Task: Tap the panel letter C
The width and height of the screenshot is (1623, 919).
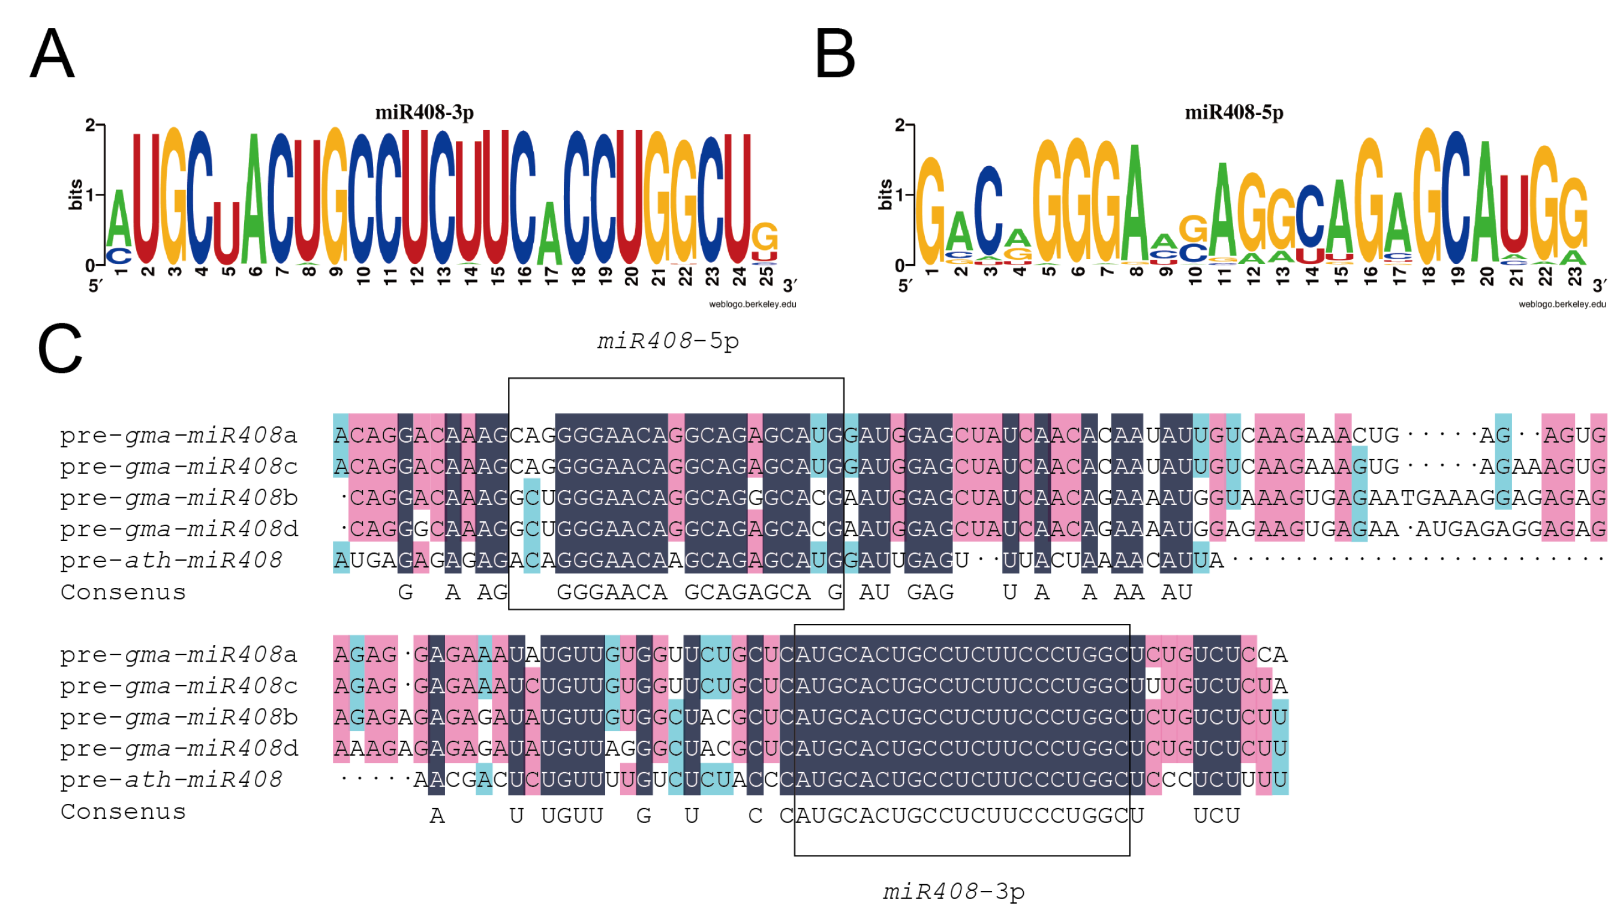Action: (59, 349)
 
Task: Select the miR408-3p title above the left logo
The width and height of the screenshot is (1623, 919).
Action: (424, 112)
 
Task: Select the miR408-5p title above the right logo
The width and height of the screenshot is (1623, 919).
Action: (1233, 112)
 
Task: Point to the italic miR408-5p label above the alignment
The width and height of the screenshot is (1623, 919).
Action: (668, 341)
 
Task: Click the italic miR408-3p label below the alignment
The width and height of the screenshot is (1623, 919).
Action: (953, 891)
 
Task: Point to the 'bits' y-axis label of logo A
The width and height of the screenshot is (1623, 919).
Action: (75, 194)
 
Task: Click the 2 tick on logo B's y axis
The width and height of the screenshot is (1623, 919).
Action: (898, 125)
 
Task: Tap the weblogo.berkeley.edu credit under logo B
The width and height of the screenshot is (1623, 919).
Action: (1561, 304)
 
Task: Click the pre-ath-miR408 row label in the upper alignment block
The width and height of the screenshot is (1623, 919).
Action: (171, 560)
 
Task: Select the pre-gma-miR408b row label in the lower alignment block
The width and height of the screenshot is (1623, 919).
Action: (179, 717)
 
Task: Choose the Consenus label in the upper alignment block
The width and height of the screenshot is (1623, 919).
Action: (123, 592)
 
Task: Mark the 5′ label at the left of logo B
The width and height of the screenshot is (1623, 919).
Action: (904, 286)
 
